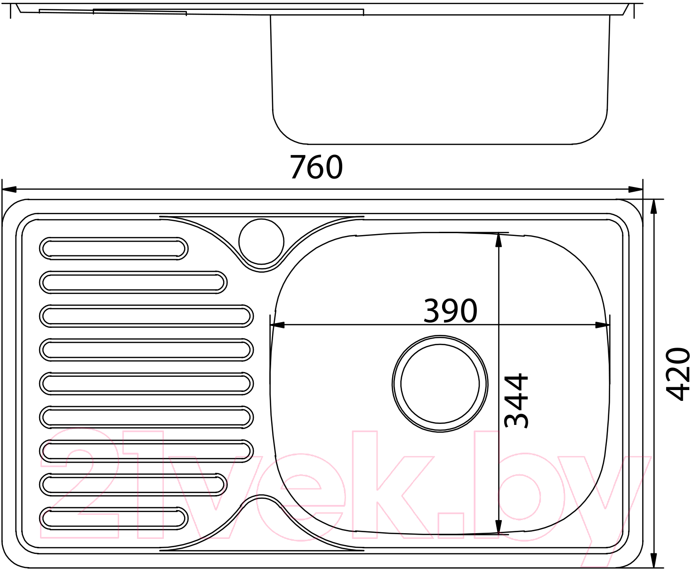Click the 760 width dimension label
click(316, 167)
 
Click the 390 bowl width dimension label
click(450, 310)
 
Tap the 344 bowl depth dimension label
click(516, 400)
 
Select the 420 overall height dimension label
click(677, 374)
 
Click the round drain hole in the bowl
click(440, 383)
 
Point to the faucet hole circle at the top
click(261, 242)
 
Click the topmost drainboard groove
click(113, 249)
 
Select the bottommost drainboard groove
click(113, 519)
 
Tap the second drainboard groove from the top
click(133, 282)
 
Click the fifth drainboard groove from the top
click(146, 383)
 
